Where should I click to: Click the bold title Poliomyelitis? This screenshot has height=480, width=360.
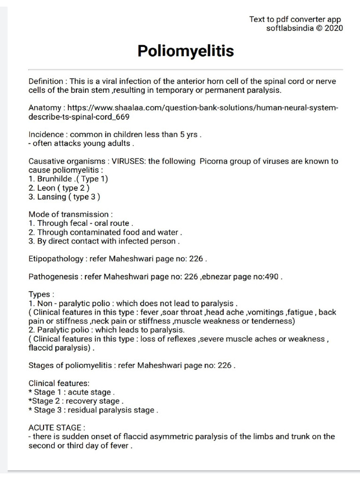pos(186,51)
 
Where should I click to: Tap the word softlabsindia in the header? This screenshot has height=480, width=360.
pos(288,28)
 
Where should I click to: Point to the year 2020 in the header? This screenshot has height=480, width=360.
pos(333,28)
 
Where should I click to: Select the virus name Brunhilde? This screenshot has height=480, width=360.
pos(54,179)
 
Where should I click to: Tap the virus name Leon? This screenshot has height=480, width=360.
pos(46,188)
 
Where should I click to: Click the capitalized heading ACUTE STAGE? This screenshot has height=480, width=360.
pos(56,427)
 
